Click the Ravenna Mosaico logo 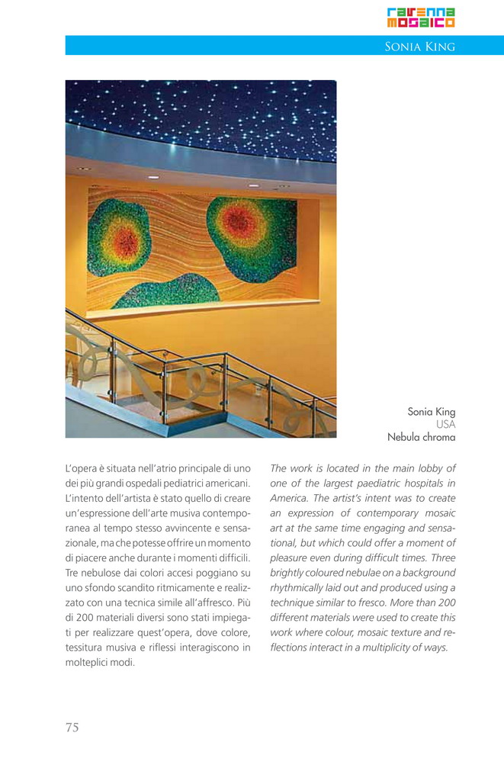pyautogui.click(x=420, y=17)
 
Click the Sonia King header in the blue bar pyautogui.click(x=419, y=47)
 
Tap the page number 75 pyautogui.click(x=72, y=727)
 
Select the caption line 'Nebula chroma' pyautogui.click(x=422, y=437)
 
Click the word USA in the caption pyautogui.click(x=445, y=425)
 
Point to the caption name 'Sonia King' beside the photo pyautogui.click(x=431, y=412)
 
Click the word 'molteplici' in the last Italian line pyautogui.click(x=88, y=662)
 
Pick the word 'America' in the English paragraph pyautogui.click(x=291, y=498)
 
